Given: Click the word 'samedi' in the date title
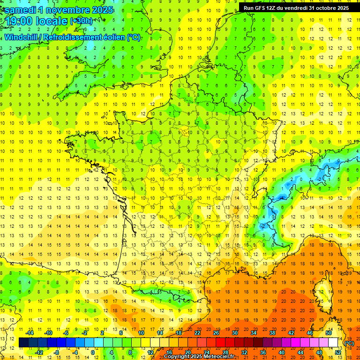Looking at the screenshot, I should pyautogui.click(x=22, y=10).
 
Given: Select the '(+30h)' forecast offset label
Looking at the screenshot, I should pyautogui.click(x=81, y=21).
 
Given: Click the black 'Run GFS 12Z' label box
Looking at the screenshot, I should pyautogui.click(x=296, y=8).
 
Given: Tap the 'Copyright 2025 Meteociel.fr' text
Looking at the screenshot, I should pyautogui.click(x=199, y=357).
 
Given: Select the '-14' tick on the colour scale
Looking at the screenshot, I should pyautogui.click(x=30, y=333).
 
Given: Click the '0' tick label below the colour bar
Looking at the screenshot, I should pyautogui.click(x=92, y=352).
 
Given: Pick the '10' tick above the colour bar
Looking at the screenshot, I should pyautogui.click(x=141, y=333).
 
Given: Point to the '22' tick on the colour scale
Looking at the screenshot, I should pyautogui.click(x=197, y=333).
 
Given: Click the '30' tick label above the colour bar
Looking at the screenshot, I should pyautogui.click(x=235, y=333).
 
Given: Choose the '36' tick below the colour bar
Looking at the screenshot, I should pyautogui.click(x=263, y=352).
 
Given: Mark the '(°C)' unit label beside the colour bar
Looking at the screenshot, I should pyautogui.click(x=349, y=343).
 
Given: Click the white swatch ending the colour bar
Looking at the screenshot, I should pyautogui.click(x=333, y=343).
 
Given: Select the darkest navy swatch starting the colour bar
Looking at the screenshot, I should pyautogui.click(x=23, y=343).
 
